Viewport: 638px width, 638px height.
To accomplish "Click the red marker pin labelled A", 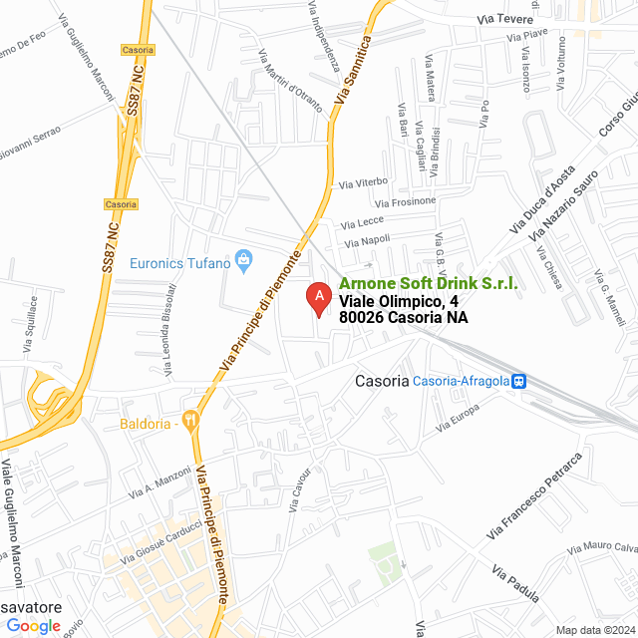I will click(318, 298).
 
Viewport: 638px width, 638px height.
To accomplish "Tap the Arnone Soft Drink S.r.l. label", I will click(429, 284).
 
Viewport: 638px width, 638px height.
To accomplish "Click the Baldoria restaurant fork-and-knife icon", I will click(191, 422).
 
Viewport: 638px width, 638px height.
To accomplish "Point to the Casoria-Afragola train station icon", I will click(518, 381).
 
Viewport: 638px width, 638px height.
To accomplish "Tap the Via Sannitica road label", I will click(357, 73).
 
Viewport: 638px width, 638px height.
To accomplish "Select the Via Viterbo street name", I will click(363, 183).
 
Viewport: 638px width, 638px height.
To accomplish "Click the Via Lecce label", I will click(362, 221).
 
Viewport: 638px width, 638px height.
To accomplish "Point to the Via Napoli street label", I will click(367, 241).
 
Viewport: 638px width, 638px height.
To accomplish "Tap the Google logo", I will click(34, 626).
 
